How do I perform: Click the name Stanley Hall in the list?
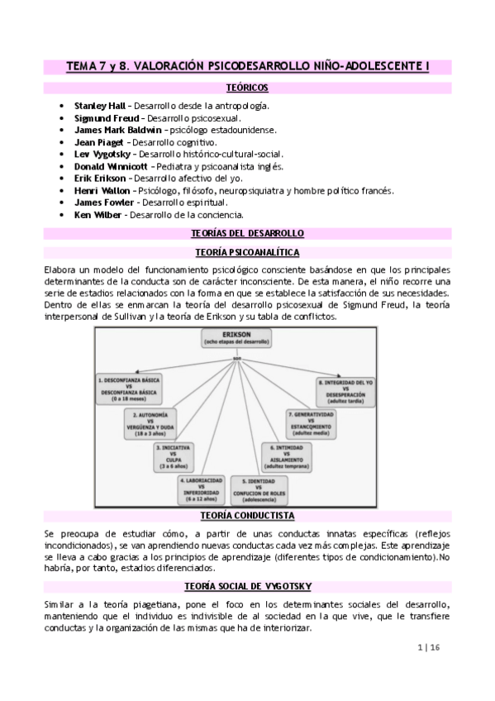tap(96, 107)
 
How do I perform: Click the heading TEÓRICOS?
tap(247, 88)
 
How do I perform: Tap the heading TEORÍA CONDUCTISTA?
tap(247, 515)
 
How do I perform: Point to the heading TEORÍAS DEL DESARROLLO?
tap(247, 233)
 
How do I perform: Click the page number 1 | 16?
tap(432, 649)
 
